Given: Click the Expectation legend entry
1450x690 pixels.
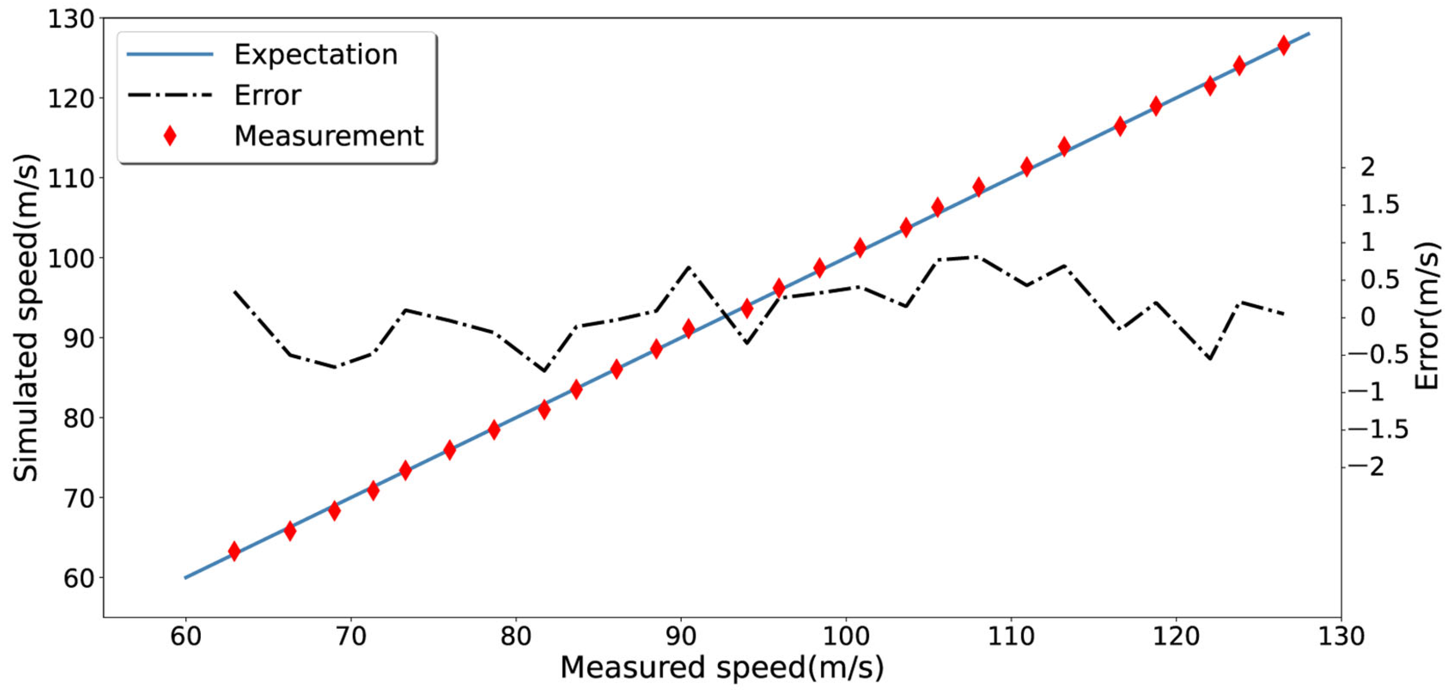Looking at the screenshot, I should (315, 55).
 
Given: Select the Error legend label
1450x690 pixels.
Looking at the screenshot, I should (268, 95).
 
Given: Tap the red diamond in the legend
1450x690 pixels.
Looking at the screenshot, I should (169, 136).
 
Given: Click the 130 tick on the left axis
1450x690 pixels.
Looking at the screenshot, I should (70, 19).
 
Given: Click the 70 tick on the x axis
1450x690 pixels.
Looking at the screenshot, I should (351, 637).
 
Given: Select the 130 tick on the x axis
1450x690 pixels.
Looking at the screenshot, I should (1341, 637).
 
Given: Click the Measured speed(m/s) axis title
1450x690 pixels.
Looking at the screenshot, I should (722, 668).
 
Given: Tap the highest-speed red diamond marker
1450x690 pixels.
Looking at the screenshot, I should (1284, 46).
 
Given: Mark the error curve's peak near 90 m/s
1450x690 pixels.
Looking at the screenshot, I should (688, 267).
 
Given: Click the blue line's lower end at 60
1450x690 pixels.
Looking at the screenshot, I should (186, 577).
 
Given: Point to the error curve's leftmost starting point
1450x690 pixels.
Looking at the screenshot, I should (234, 292).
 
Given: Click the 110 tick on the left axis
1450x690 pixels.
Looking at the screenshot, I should (70, 178).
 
